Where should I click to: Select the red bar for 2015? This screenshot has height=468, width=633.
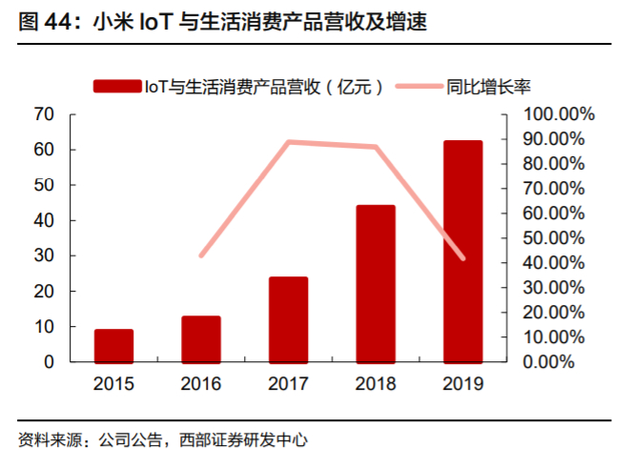click(x=113, y=345)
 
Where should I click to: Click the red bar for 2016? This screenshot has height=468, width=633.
click(x=201, y=338)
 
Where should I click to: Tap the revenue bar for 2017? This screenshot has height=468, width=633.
click(x=288, y=319)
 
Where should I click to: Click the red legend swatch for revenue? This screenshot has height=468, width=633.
click(x=115, y=87)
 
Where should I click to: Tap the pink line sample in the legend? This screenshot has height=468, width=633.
click(x=415, y=87)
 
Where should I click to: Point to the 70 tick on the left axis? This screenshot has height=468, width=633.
click(x=43, y=114)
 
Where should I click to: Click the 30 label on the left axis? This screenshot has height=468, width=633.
click(x=43, y=255)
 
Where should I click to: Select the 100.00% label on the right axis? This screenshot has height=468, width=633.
click(x=559, y=114)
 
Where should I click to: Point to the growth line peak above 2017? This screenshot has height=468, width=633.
click(x=288, y=142)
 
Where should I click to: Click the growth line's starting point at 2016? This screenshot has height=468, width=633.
click(x=201, y=255)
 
